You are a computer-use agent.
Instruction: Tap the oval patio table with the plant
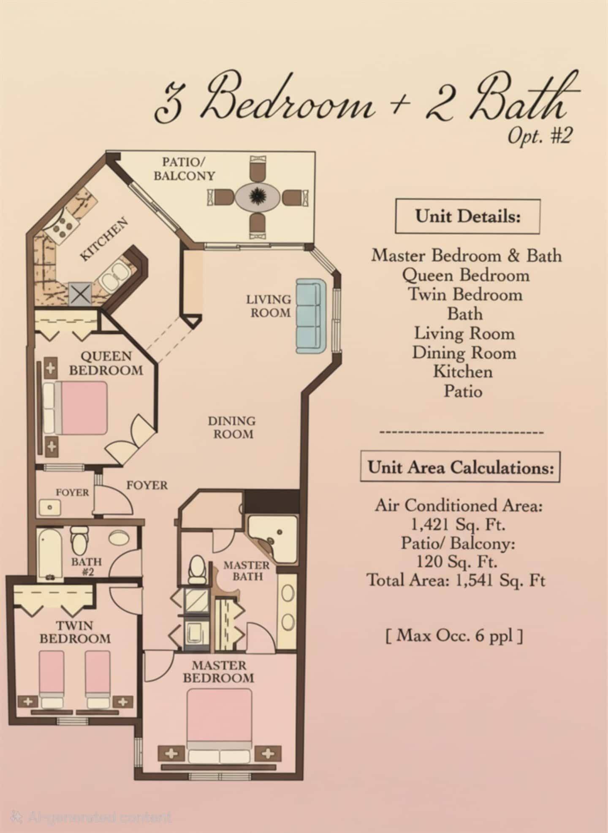click(256, 196)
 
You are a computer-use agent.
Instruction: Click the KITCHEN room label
click(104, 239)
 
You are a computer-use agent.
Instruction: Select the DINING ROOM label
click(232, 427)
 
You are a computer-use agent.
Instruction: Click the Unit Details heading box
click(467, 216)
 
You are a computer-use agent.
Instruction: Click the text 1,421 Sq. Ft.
click(458, 524)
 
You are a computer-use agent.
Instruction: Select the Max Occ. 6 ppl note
click(454, 635)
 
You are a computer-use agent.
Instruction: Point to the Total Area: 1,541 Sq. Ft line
click(456, 580)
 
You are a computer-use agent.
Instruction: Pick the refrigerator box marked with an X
click(80, 294)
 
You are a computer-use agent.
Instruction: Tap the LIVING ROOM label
click(269, 306)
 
